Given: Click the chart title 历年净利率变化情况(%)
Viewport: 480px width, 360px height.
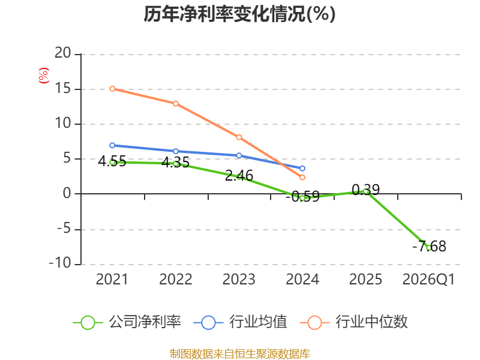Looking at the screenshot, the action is [239, 14].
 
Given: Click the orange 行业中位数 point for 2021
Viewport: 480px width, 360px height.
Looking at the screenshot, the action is [112, 89].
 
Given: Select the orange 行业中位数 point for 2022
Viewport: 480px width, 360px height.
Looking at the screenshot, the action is [176, 103].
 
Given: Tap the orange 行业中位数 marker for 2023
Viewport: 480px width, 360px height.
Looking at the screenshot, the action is [239, 137].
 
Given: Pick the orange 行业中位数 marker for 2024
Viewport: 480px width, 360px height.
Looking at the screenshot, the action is [302, 177].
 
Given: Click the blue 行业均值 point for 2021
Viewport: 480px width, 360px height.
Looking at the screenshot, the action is [112, 145].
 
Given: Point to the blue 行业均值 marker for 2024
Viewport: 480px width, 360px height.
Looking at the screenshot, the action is [302, 169].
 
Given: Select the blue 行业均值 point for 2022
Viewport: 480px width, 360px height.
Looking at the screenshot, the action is [176, 151].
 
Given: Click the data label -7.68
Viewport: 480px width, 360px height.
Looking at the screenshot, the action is [429, 247].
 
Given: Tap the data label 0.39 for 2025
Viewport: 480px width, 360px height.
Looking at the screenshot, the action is [366, 190].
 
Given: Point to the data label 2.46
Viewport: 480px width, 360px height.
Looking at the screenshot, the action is [239, 176].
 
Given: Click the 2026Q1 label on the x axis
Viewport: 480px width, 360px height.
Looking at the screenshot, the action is [428, 279].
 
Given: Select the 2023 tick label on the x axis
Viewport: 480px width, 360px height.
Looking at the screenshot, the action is [239, 279].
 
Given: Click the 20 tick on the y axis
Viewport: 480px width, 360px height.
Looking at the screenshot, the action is [63, 53].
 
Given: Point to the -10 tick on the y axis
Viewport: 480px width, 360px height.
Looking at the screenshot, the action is [60, 263].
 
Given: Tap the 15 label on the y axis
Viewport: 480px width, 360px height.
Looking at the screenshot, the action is [63, 88].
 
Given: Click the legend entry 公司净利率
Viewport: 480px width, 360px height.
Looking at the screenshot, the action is [127, 322].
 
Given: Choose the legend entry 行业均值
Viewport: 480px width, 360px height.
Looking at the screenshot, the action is [241, 322].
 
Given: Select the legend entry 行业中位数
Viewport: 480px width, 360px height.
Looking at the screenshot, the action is [354, 322].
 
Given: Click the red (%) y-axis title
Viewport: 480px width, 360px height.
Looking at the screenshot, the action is [43, 76].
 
